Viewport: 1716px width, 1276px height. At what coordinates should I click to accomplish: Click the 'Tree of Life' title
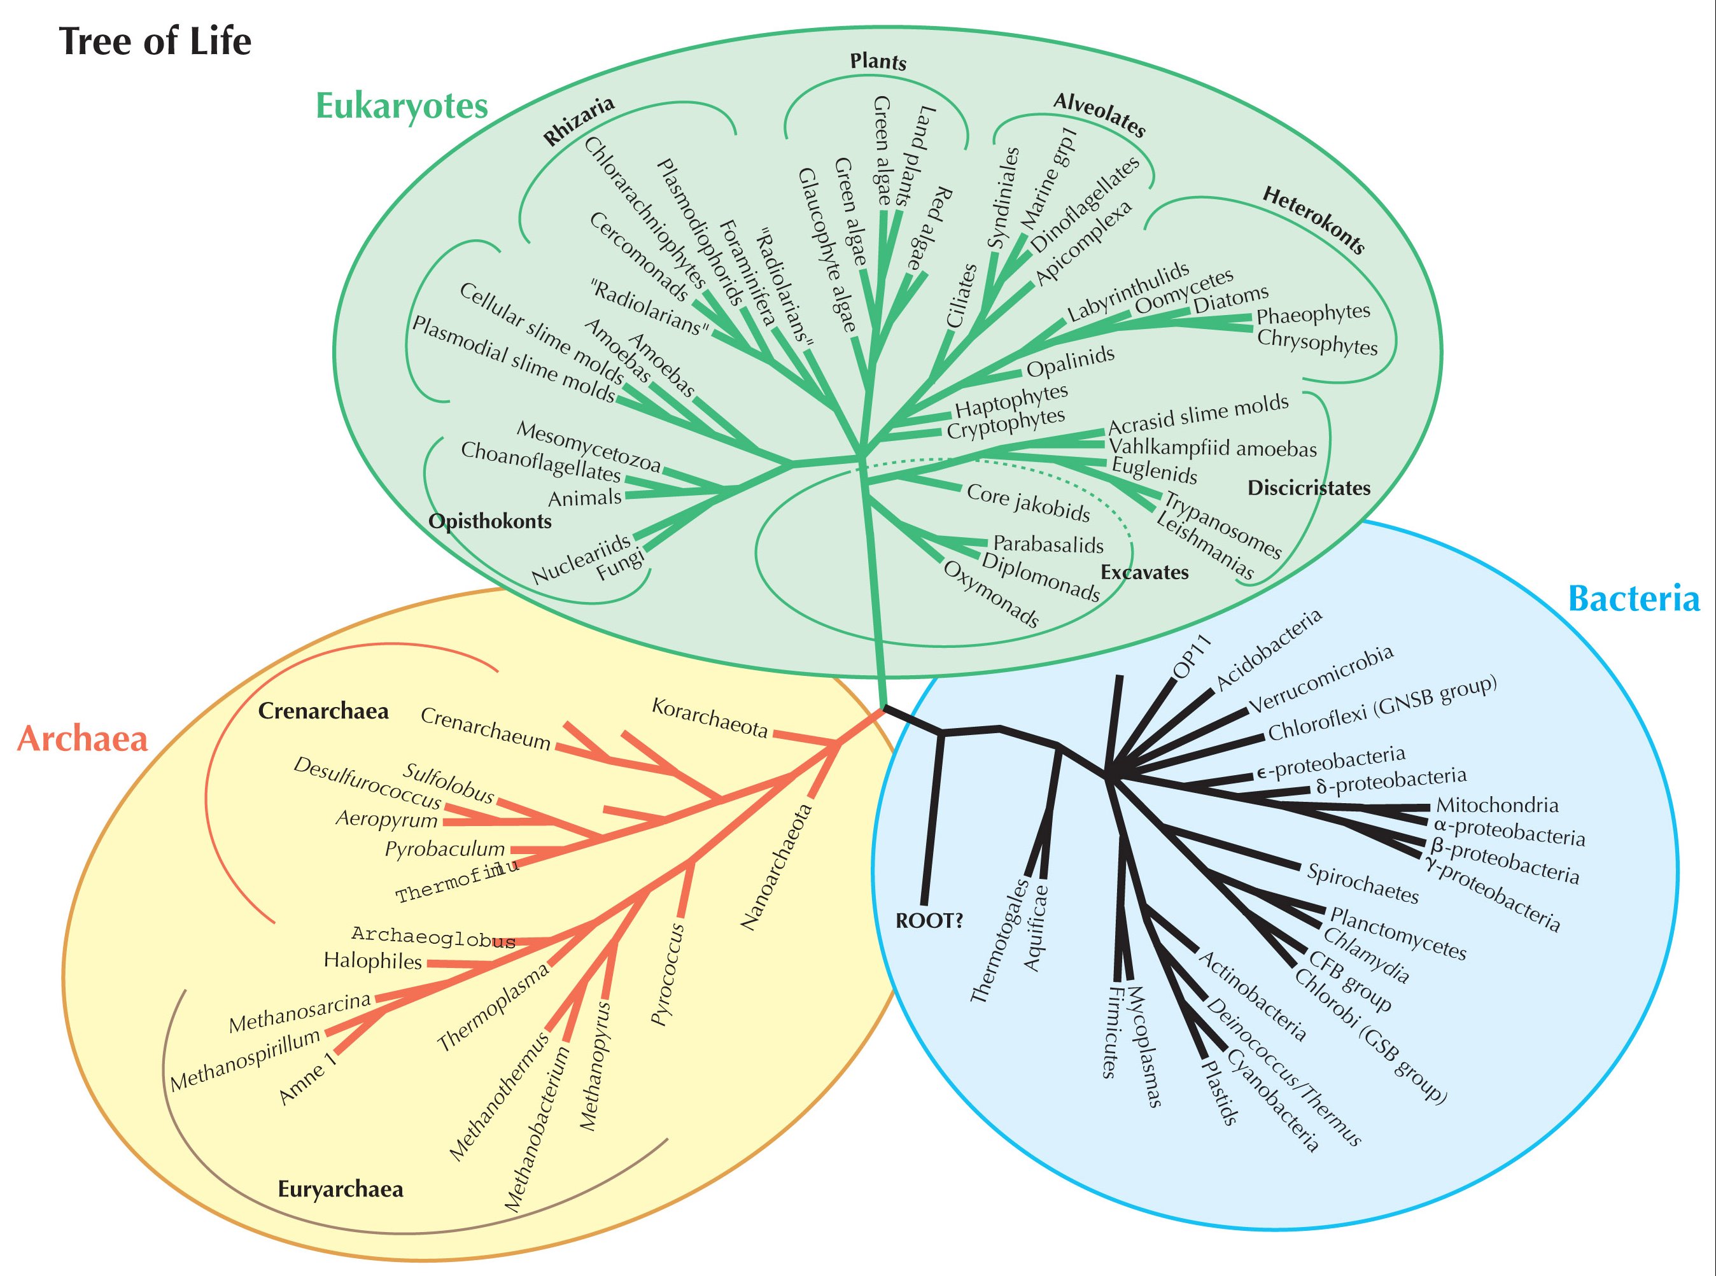155,41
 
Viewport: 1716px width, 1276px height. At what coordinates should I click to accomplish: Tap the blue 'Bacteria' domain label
1634,599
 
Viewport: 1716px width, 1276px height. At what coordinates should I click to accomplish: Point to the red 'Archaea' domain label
82,739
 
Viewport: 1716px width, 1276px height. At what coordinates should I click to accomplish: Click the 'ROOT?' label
929,921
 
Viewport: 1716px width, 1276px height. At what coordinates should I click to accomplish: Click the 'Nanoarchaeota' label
777,866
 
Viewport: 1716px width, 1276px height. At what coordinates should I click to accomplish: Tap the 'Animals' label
584,498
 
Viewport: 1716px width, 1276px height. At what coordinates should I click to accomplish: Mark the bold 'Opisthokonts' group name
489,521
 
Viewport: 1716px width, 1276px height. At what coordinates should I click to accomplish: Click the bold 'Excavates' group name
1144,572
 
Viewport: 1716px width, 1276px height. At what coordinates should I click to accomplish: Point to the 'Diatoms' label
1231,299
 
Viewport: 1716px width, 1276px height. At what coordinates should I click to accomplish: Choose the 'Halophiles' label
372,962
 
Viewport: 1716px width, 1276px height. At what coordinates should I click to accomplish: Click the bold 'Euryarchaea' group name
341,1189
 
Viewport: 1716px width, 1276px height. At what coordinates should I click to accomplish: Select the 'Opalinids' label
1071,361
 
